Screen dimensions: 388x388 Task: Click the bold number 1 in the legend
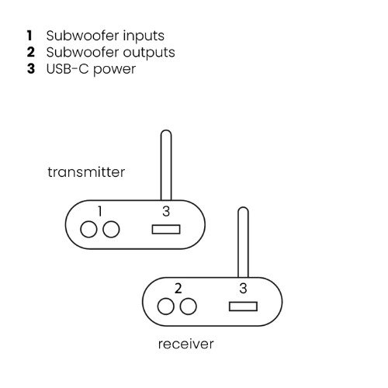[29, 36]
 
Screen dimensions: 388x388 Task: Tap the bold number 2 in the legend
[31, 52]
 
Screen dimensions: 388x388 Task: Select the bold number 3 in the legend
[31, 68]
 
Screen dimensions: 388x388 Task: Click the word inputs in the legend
[144, 36]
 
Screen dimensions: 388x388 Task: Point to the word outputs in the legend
[149, 53]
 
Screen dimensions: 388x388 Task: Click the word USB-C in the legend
[68, 69]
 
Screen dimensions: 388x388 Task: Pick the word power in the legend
[114, 70]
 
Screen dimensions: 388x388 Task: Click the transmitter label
[86, 172]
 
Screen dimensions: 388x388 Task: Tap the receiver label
[186, 344]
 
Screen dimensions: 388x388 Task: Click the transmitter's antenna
[166, 165]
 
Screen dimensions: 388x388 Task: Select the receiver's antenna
[243, 242]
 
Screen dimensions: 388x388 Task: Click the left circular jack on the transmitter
[88, 229]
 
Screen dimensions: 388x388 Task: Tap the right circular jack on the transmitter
[111, 229]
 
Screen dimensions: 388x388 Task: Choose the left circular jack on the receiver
[166, 307]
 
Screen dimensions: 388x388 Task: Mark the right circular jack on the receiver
[188, 307]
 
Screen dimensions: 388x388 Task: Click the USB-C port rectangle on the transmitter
[166, 230]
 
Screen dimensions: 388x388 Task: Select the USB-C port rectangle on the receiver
[243, 307]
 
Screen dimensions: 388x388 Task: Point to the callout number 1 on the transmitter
[100, 211]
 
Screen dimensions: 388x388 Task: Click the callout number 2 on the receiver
[178, 289]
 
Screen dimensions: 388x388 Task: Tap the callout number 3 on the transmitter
[166, 211]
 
